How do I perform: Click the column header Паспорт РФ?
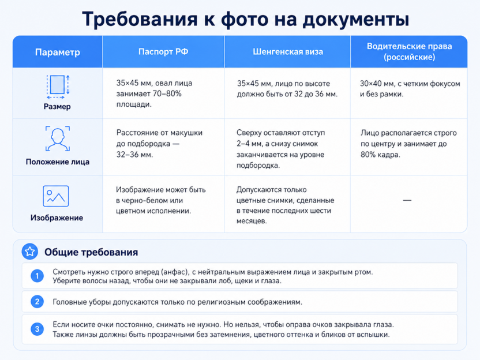[x=163, y=51]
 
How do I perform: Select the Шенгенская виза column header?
[x=288, y=51]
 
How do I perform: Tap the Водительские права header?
[x=409, y=51]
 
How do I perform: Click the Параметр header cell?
[x=58, y=52]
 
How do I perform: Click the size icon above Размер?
[x=58, y=87]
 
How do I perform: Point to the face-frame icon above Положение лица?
[x=58, y=138]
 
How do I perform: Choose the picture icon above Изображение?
[x=56, y=196]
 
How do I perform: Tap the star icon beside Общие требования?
[x=29, y=252]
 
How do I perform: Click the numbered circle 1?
[x=37, y=276]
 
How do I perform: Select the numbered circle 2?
[x=37, y=302]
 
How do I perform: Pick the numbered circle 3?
[x=37, y=329]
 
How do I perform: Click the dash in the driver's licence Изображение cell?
[x=407, y=200]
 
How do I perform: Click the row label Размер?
[x=57, y=107]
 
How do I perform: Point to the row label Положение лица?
[x=58, y=162]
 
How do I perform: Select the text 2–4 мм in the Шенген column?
[x=249, y=144]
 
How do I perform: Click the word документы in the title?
[x=356, y=19]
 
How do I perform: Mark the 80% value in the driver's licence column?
[x=368, y=155]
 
